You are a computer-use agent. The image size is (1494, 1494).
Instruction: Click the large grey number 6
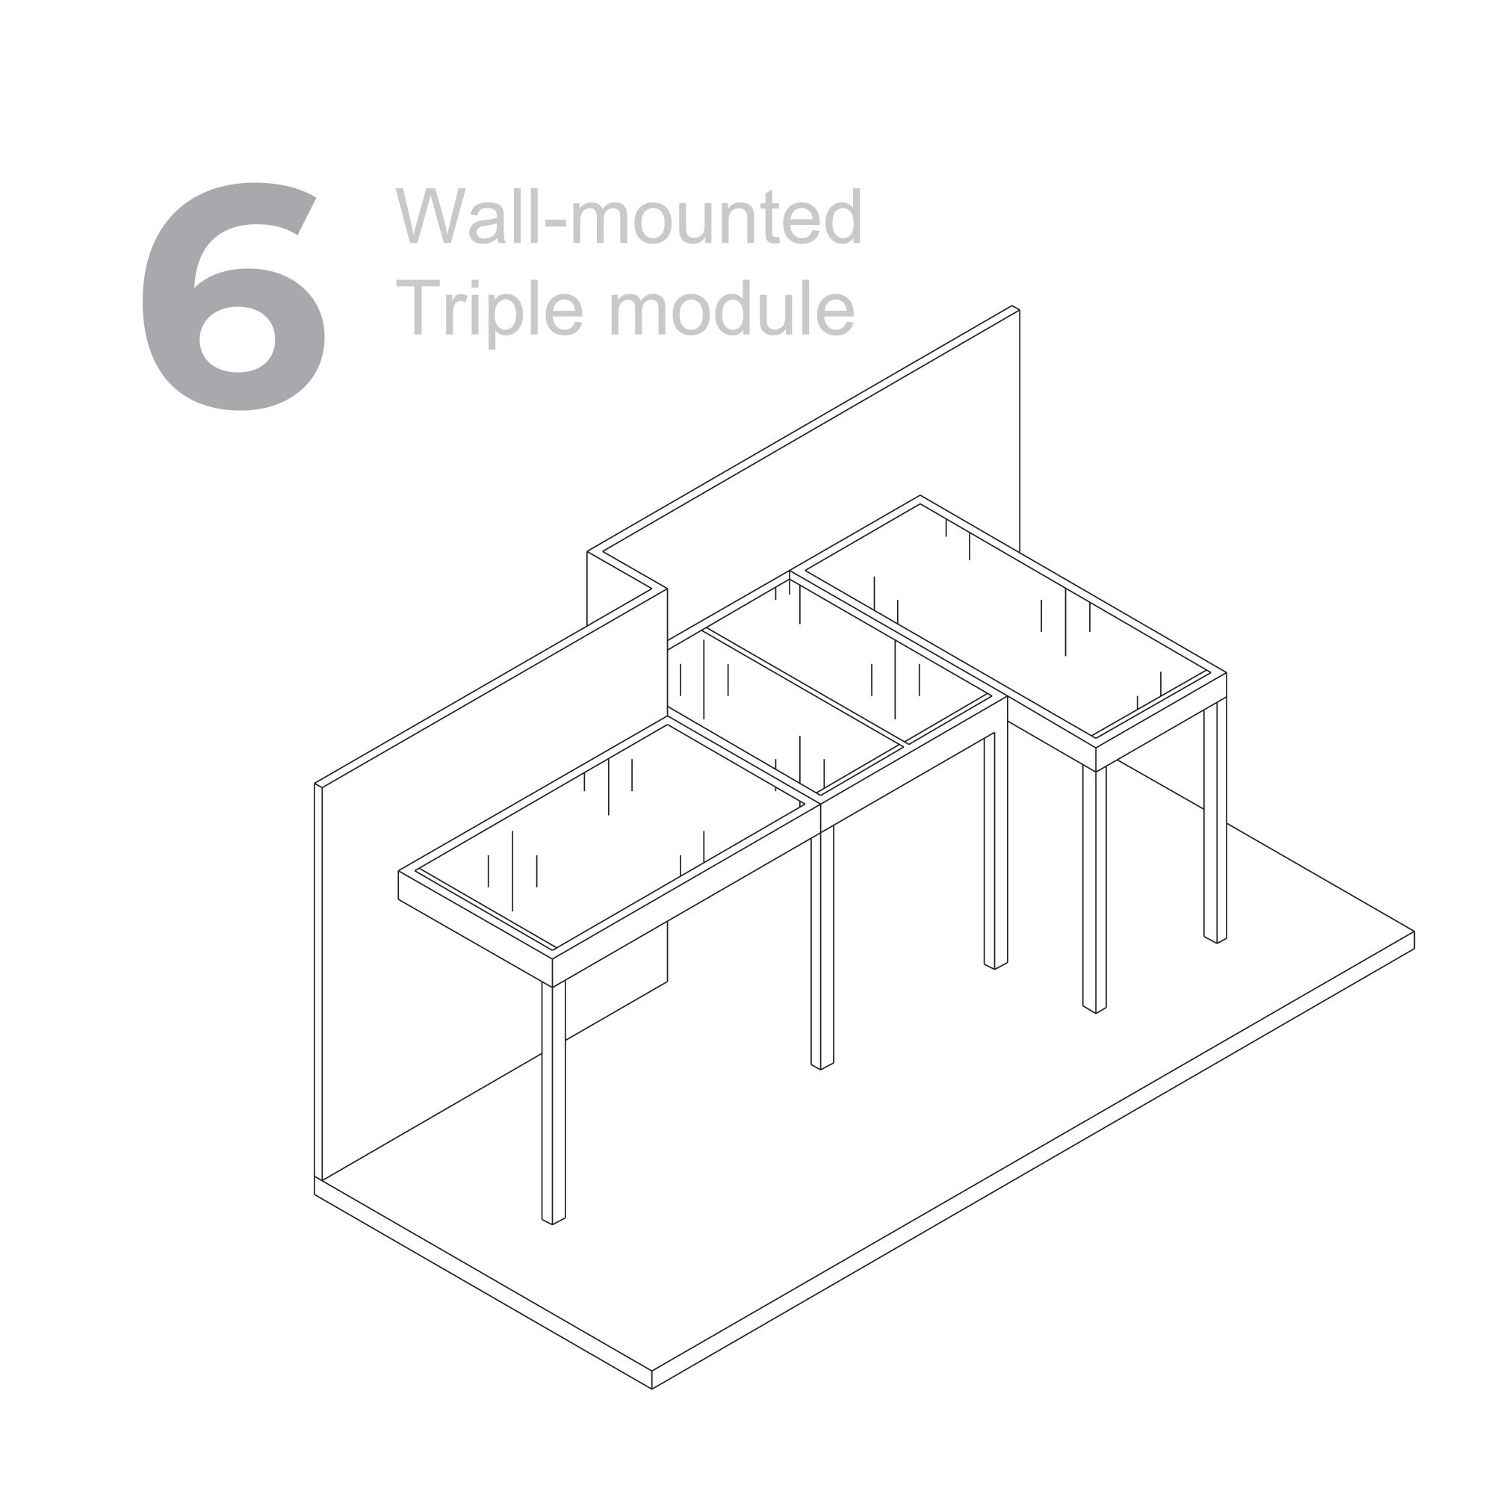tap(232, 298)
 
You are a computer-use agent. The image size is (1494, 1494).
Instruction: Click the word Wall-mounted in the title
tap(628, 216)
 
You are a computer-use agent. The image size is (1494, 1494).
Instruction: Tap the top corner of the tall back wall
tap(1014, 309)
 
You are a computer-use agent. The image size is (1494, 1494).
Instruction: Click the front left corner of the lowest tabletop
tap(399, 872)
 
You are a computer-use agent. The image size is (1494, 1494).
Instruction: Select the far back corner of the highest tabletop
tap(920, 497)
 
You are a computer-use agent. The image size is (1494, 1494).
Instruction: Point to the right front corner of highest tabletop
tap(1226, 674)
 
